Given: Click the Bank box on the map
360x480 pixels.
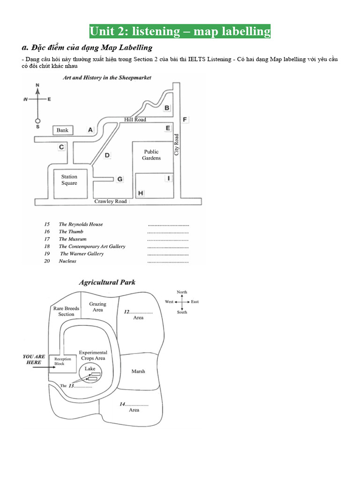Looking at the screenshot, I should pos(62,130).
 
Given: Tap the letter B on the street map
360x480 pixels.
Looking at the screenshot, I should pos(167,108).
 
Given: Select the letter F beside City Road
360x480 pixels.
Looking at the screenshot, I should pos(185,120).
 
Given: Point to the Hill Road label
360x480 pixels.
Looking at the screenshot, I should pos(135,120).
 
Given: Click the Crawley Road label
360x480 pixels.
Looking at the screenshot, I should pos(111,202).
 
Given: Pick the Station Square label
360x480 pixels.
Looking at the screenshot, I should pos(69,180).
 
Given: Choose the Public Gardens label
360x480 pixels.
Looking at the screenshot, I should pos(151,155).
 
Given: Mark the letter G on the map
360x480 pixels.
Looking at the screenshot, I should pos(120,179).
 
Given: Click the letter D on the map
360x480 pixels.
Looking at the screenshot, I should pos(107,156).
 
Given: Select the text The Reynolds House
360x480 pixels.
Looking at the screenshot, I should pos(81,224).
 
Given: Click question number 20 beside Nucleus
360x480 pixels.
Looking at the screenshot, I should pos(47,261).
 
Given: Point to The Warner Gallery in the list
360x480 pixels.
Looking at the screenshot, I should pos(82,254).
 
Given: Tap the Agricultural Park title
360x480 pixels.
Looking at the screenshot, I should pos(107,282).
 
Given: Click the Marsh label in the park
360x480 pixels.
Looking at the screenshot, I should pos(138,371).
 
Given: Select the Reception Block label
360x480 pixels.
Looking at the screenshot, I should pos(63,361).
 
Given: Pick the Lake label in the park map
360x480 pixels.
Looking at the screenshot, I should pos(90,369).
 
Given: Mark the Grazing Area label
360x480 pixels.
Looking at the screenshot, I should pos(98,307).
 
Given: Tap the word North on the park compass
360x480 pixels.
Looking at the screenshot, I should pos(182,292).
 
